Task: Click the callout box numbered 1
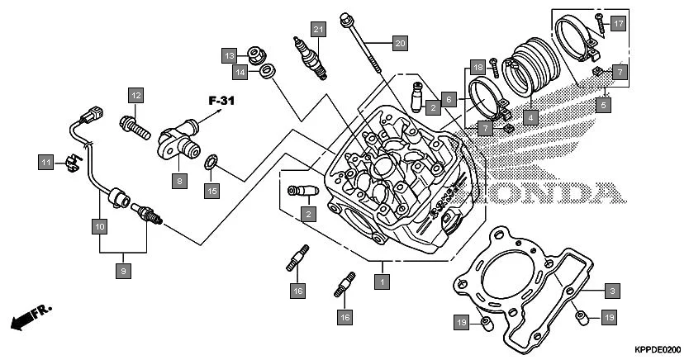(381, 282)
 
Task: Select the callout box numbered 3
(611, 291)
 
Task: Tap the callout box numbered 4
(530, 116)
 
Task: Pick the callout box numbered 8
(179, 179)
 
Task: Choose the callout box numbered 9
(123, 270)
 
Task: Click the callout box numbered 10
(98, 225)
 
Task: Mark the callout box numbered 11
(45, 162)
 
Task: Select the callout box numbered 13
(229, 54)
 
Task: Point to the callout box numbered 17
(618, 24)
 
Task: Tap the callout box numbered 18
(477, 66)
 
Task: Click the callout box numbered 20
(400, 41)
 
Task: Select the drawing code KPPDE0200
(658, 349)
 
